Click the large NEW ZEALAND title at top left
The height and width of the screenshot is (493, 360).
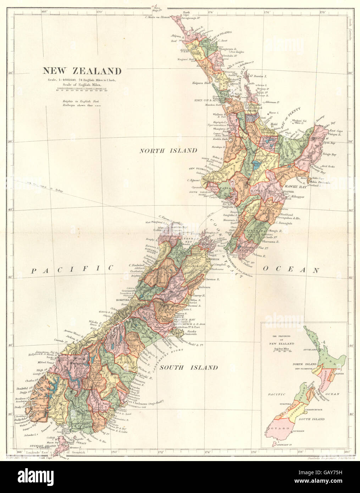tap(82, 71)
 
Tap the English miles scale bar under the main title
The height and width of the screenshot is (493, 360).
tap(82, 89)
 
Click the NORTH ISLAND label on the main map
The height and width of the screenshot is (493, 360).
tap(168, 151)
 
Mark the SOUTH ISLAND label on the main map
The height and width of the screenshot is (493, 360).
tap(188, 367)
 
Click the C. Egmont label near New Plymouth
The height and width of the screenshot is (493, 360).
tap(195, 180)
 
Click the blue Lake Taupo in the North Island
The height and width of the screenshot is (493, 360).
tap(256, 164)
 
